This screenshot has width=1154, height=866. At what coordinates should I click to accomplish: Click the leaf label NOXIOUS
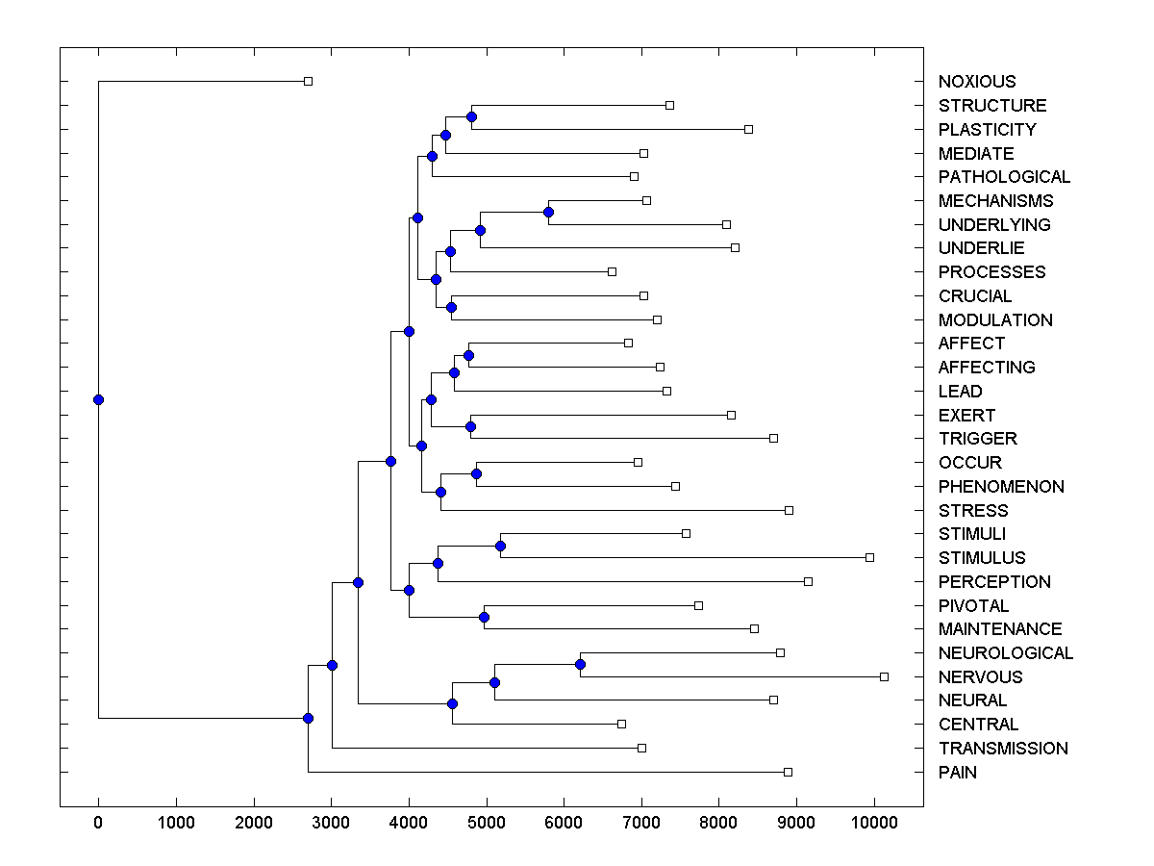tap(977, 82)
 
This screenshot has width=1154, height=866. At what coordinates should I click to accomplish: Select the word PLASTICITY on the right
tap(988, 130)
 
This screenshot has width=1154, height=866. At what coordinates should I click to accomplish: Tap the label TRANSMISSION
tap(1003, 749)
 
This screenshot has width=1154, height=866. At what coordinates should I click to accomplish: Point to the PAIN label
tap(958, 773)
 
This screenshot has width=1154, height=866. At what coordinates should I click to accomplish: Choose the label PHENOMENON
tap(1001, 487)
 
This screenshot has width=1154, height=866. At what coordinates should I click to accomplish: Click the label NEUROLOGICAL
tap(1006, 653)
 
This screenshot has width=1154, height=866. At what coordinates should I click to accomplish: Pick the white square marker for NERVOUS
tap(885, 676)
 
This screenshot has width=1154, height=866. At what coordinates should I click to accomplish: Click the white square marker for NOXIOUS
tap(308, 81)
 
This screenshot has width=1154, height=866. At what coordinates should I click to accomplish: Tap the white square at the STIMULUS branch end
tap(869, 557)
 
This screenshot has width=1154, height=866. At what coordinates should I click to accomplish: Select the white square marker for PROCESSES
tap(612, 271)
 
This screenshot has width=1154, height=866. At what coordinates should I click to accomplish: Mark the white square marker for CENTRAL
tap(621, 724)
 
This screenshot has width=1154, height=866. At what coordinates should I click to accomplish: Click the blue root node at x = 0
tap(98, 400)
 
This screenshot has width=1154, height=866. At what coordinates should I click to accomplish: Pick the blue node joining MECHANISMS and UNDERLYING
tap(548, 212)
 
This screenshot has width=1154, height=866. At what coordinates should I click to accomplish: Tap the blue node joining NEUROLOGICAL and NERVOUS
tap(580, 664)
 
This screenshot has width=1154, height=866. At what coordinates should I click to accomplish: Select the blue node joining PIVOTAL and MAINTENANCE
tap(485, 617)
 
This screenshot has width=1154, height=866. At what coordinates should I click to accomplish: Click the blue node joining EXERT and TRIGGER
tap(471, 426)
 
